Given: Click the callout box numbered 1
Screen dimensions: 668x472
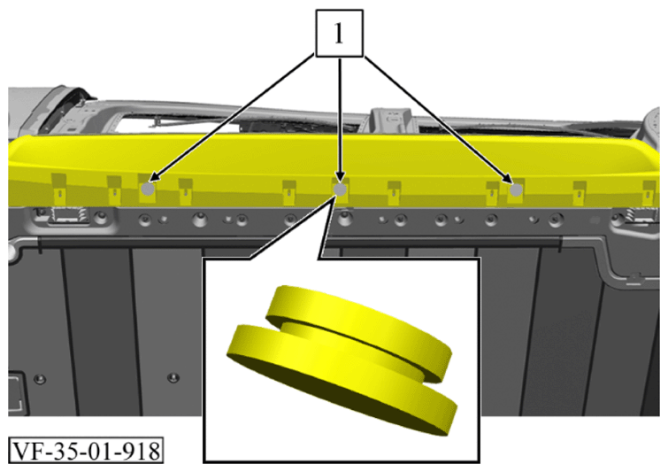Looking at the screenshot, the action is pos(339,34).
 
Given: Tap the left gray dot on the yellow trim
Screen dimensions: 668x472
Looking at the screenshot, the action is pos(148,189).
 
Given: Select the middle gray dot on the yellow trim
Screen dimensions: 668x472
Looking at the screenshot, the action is pos(340,190).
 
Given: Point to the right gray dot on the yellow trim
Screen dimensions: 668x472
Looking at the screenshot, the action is pos(516,190).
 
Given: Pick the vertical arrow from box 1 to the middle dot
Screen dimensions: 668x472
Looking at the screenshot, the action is pos(340,120).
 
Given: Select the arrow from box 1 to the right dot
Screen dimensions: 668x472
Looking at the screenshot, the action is pos(438,119).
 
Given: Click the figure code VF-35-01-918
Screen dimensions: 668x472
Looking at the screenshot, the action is pos(86,451).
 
